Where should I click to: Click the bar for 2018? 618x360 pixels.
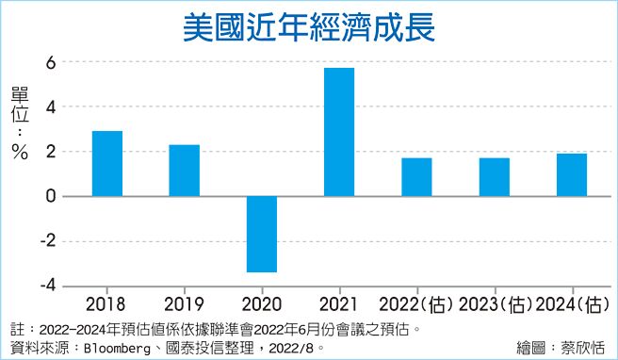106,163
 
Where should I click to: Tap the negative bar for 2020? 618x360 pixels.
261,234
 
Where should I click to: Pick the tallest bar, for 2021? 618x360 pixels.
338,132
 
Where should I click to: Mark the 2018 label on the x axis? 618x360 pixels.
106,304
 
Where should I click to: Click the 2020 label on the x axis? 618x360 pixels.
261,304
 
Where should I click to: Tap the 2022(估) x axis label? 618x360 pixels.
416,304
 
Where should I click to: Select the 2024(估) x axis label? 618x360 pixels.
571,304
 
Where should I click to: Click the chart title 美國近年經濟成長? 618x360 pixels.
308,25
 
